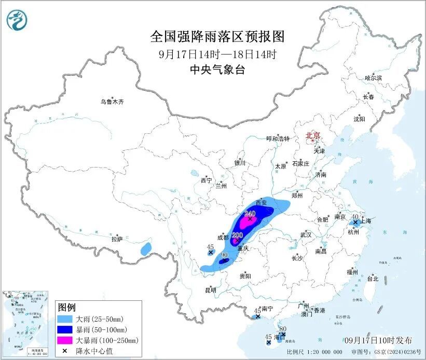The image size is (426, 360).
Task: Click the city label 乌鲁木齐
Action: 112,102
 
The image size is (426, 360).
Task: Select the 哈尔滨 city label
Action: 373,78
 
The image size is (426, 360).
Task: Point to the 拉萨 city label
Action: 117,239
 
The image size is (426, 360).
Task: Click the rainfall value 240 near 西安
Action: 250,213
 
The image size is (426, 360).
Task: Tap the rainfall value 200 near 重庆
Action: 237,235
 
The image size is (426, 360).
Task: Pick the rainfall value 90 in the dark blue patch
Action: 225,255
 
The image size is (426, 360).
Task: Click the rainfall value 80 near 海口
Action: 283,328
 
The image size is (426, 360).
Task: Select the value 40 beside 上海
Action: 355,217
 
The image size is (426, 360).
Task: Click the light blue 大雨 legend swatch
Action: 67,319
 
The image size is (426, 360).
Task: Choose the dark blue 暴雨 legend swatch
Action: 67,329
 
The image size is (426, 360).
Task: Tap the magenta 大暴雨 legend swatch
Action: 67,340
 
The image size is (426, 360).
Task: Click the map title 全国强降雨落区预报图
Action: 217,36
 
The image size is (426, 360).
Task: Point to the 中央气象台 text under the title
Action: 217,70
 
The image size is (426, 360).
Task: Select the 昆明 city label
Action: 210,290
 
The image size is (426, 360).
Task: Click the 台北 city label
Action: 373,279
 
